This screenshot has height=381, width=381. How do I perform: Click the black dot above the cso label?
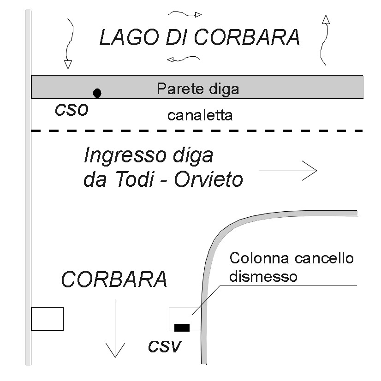point(97,93)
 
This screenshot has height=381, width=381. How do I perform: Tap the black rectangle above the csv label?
point(182,327)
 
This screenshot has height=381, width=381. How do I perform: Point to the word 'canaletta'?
point(200,115)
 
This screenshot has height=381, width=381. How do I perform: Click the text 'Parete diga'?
point(198,89)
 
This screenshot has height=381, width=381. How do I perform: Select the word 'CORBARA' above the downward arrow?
point(114,280)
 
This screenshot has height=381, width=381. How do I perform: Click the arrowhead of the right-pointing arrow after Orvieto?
point(313,171)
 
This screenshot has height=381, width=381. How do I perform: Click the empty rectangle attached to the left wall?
point(47,319)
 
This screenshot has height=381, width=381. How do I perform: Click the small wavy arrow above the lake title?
point(185,14)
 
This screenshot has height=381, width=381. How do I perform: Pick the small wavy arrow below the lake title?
point(183,59)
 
